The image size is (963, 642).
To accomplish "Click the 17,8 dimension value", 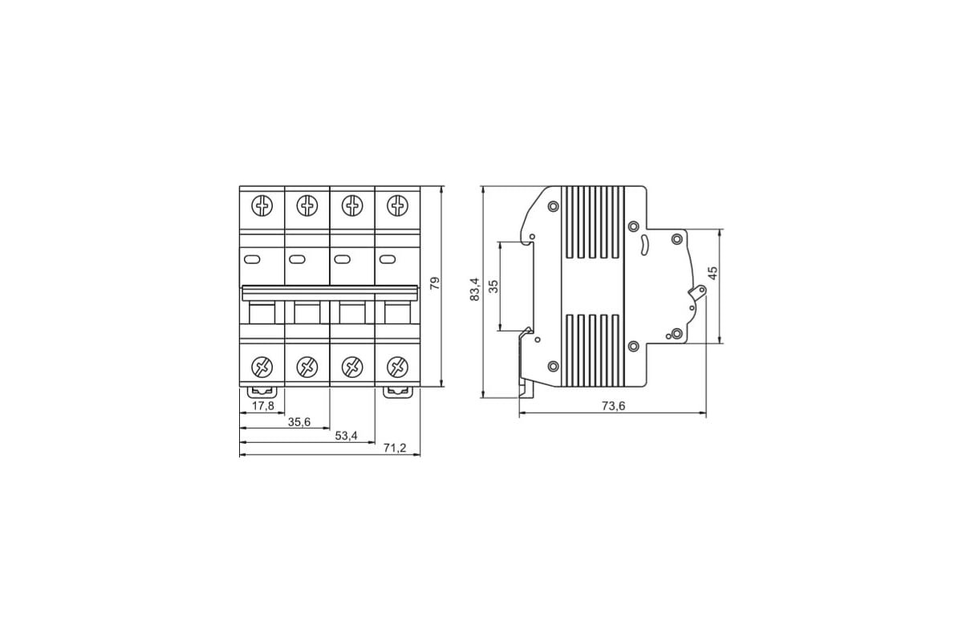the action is pyautogui.click(x=262, y=405).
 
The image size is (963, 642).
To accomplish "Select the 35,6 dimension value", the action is pyautogui.click(x=299, y=422).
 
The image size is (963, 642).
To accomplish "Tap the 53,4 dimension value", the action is pyautogui.click(x=346, y=436).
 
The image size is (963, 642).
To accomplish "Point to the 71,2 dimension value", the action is pyautogui.click(x=395, y=448).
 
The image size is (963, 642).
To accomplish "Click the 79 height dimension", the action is pyautogui.click(x=435, y=283).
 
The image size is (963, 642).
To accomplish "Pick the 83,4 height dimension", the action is pyautogui.click(x=474, y=289).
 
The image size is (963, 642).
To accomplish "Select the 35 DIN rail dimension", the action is pyautogui.click(x=494, y=286).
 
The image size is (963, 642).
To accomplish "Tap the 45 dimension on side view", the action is pyautogui.click(x=713, y=273).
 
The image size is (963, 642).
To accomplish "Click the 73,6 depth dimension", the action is pyautogui.click(x=613, y=406).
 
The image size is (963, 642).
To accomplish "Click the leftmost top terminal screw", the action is pyautogui.click(x=262, y=205).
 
